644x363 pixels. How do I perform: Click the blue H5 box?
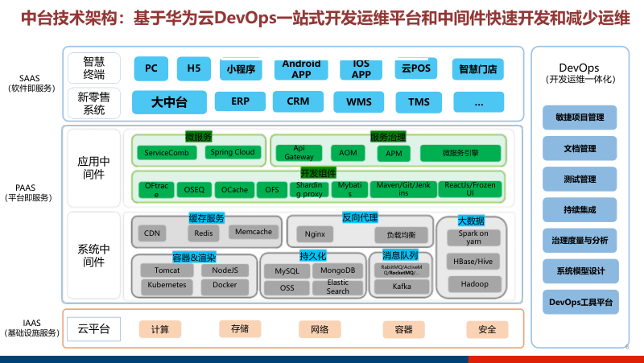tap(193, 69)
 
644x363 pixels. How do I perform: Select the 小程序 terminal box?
tap(241, 70)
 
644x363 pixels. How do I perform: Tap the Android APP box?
tap(302, 69)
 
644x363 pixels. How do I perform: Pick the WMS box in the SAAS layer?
tap(359, 102)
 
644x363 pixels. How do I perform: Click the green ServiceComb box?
tap(167, 153)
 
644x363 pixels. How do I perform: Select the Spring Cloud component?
tap(233, 152)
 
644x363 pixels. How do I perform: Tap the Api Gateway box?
tap(299, 153)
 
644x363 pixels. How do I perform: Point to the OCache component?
tap(235, 190)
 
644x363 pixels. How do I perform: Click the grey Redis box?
tap(203, 233)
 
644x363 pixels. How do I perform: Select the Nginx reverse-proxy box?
tap(314, 234)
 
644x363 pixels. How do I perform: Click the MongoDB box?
tap(338, 271)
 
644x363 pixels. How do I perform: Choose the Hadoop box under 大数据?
tap(475, 284)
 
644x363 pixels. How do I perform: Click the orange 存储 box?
tap(239, 328)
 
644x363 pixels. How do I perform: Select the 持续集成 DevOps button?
tap(579, 210)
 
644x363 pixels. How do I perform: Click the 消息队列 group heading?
tap(401, 256)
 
